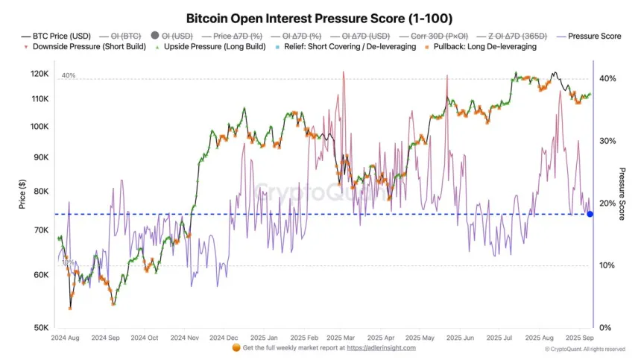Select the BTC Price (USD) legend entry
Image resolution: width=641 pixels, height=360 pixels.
[x=59, y=35]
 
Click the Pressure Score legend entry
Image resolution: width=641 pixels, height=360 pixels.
[x=594, y=35]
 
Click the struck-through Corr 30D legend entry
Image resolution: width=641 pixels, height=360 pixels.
[x=433, y=35]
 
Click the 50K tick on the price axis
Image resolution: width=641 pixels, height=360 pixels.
[x=42, y=328]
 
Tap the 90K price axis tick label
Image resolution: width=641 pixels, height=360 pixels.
[x=42, y=157]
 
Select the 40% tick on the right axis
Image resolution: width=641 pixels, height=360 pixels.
[x=607, y=78]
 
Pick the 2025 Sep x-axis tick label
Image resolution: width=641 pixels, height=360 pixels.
[x=579, y=338]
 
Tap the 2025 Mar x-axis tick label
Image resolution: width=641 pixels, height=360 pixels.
[x=339, y=338]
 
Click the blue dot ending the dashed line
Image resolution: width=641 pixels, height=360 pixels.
[x=590, y=214]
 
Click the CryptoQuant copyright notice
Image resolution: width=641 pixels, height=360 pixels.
[x=584, y=349]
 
